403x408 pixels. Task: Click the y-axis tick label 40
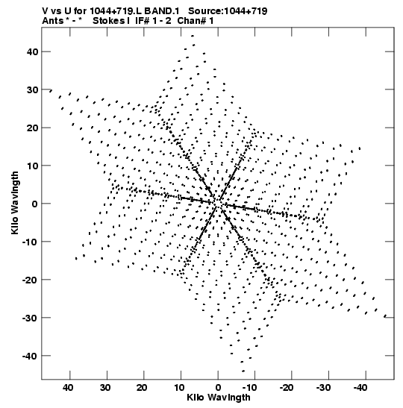(x=32, y=51)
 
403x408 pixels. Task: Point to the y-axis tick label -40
(x=30, y=356)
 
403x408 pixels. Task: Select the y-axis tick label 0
(x=35, y=204)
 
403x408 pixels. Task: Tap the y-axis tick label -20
(x=30, y=280)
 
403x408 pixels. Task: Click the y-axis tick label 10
(x=32, y=166)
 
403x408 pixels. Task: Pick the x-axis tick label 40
(x=68, y=388)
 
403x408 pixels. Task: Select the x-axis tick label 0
(x=218, y=388)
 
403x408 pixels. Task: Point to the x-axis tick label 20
(x=142, y=388)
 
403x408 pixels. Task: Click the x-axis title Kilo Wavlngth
(x=219, y=398)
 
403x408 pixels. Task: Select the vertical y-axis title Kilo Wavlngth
(x=15, y=203)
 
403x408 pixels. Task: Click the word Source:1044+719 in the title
(x=228, y=11)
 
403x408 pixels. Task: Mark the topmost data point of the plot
(x=193, y=36)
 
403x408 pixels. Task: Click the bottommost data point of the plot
(x=243, y=371)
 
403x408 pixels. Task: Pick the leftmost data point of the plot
(x=51, y=90)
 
